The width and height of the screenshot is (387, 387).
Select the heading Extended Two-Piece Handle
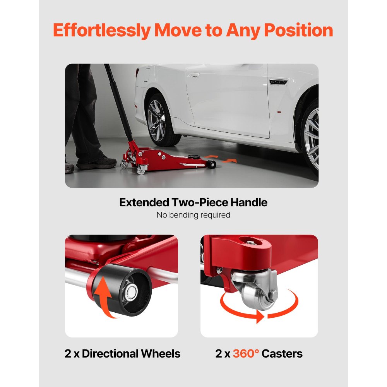point(193,202)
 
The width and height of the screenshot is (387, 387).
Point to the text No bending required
point(193,215)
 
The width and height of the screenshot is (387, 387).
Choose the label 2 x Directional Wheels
point(122,353)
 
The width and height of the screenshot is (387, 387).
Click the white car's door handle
point(195,75)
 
